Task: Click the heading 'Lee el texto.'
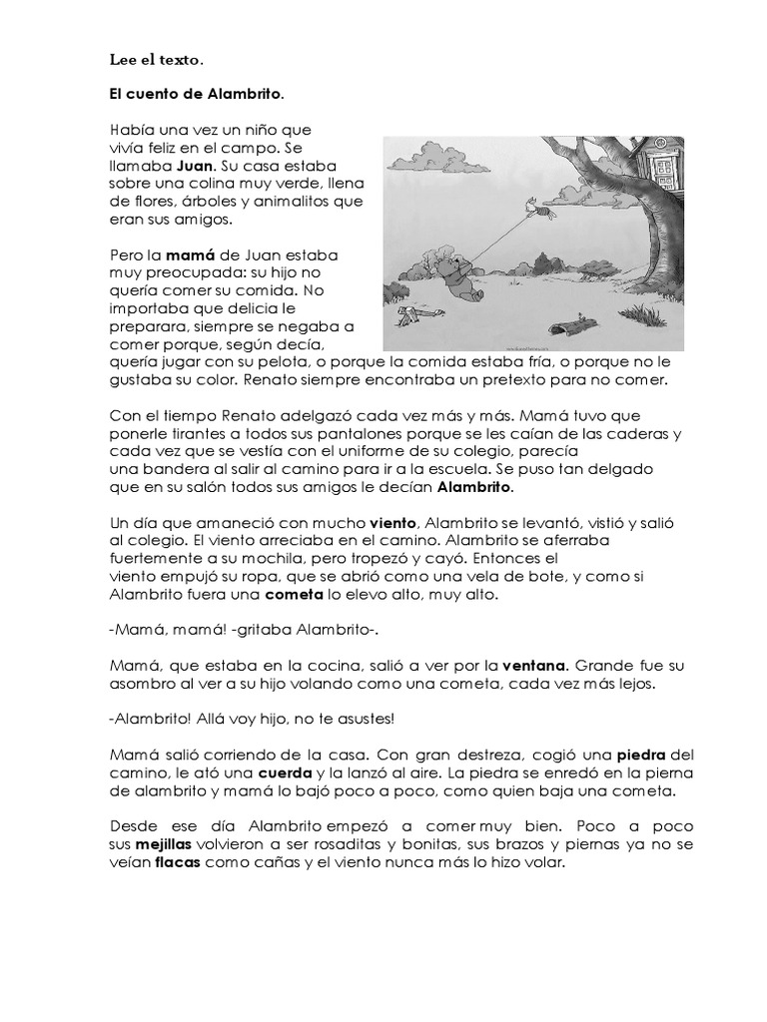(x=157, y=61)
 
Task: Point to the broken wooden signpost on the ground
(x=413, y=317)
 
